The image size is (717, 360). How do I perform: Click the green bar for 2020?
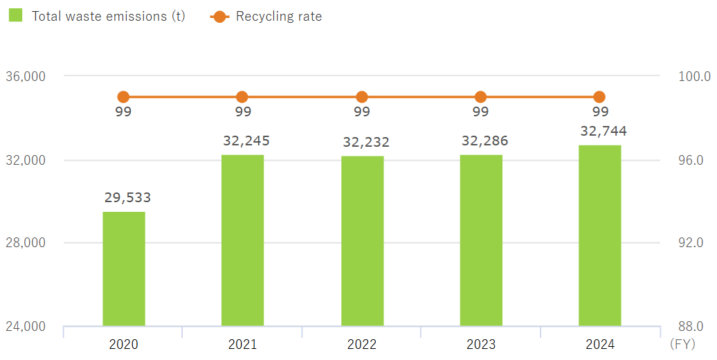pos(124,269)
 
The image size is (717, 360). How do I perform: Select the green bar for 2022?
pos(362,241)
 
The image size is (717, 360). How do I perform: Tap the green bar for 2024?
pos(599,235)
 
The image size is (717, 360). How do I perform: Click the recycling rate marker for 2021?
pos(242,97)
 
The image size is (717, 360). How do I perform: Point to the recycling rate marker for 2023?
pos(480,97)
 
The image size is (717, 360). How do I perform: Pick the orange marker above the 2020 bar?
pos(123,97)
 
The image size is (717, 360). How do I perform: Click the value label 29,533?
pos(127,198)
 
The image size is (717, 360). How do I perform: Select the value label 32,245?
pos(246,141)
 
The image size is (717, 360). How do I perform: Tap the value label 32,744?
pos(603,132)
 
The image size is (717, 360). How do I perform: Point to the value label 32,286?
pos(484,141)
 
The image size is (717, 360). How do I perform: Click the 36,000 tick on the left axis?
pos(26,76)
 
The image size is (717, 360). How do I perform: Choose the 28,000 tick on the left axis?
pos(26,243)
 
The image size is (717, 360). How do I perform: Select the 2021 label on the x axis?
pos(242,344)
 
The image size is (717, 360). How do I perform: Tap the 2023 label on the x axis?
pos(480,344)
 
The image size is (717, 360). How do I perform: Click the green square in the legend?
pos(16,15)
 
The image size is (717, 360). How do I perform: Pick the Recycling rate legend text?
pos(279,16)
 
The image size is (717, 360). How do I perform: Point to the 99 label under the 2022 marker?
pos(362,112)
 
